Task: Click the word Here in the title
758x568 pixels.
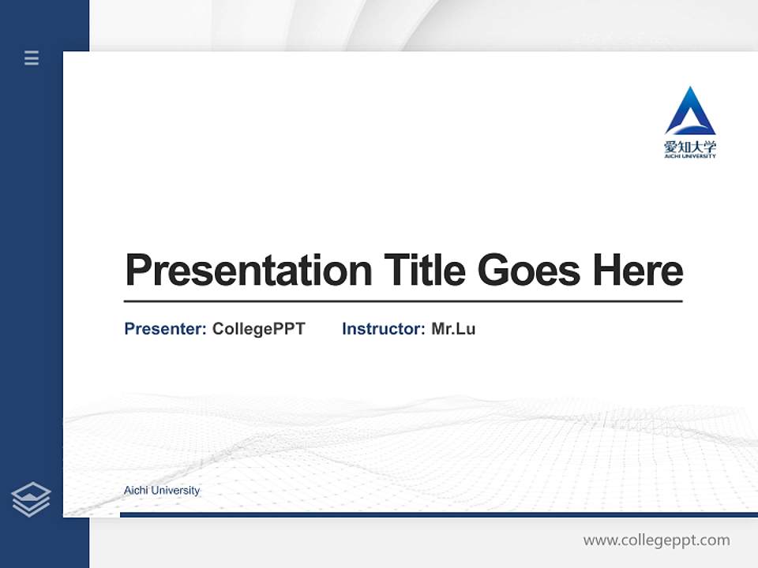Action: [x=638, y=271]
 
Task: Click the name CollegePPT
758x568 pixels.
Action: [x=258, y=329]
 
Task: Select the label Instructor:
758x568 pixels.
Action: [x=384, y=329]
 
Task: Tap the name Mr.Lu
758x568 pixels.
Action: [x=453, y=329]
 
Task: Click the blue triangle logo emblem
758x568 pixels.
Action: [x=690, y=112]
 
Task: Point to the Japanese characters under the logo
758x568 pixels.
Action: [x=690, y=146]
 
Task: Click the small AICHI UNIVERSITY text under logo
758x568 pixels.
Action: [x=690, y=156]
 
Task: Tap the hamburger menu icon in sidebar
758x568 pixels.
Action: [x=32, y=58]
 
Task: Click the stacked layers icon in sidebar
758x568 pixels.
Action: [x=32, y=499]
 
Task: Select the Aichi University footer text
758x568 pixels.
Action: [x=162, y=491]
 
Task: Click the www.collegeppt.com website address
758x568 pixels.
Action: [x=656, y=540]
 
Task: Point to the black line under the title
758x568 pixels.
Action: [x=403, y=301]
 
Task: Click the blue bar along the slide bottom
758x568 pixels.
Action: [x=438, y=514]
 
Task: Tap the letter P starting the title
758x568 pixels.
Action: [x=137, y=271]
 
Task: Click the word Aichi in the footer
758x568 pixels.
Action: [x=136, y=491]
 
